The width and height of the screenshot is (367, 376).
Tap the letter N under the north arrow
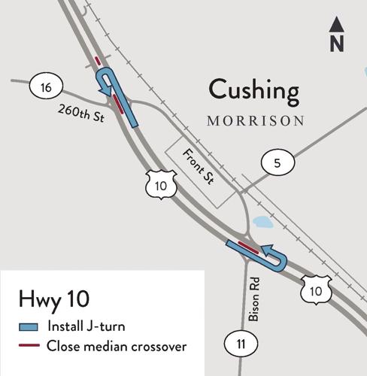(x=336, y=44)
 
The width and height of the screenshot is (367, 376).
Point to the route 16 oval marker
(x=46, y=89)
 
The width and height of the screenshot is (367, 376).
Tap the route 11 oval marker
(x=239, y=344)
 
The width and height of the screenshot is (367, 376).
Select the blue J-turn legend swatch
(x=28, y=327)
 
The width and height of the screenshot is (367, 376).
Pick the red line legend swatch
(x=28, y=347)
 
